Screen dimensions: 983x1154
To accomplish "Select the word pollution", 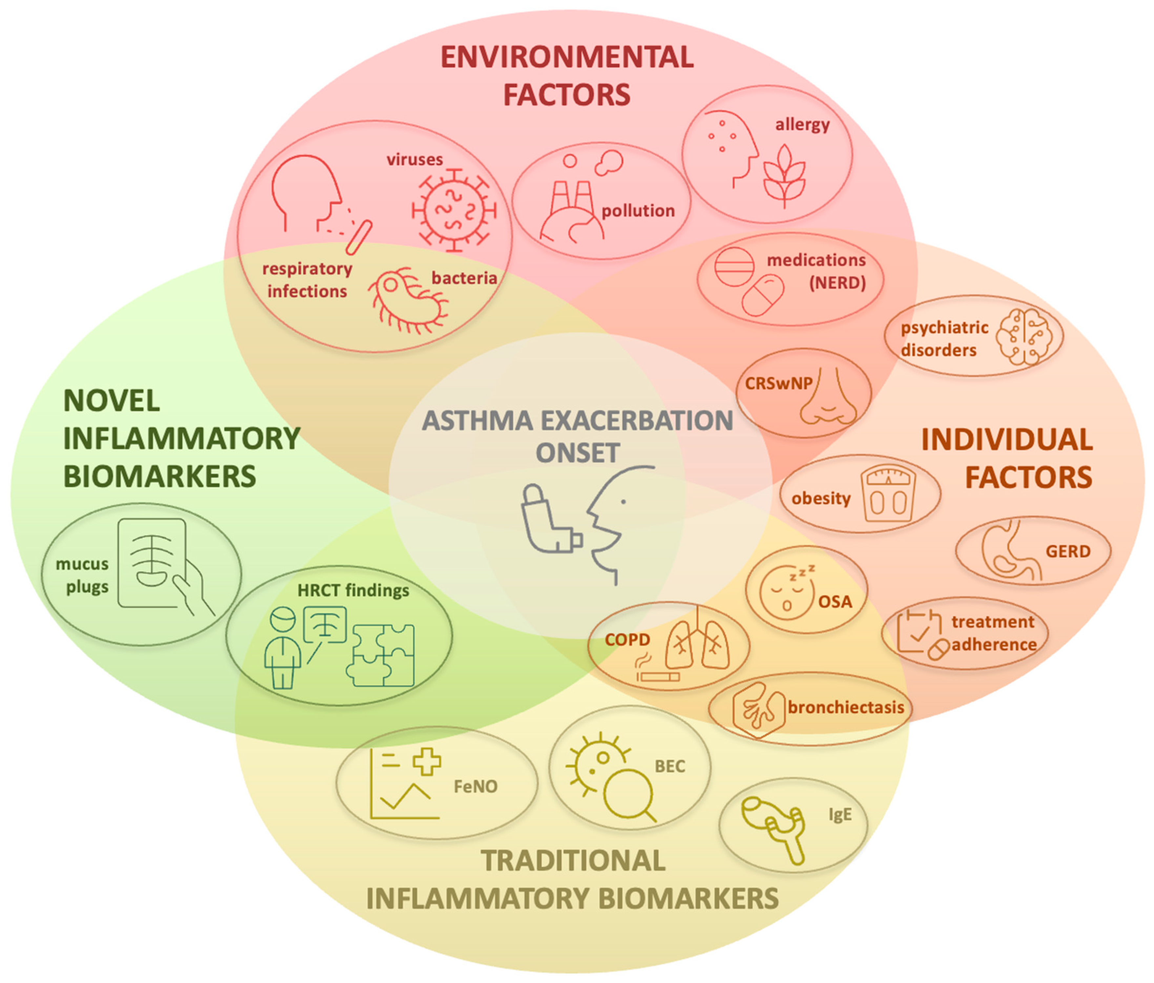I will (x=638, y=211).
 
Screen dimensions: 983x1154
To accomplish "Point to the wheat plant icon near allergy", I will (x=784, y=176).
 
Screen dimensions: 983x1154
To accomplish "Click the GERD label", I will (x=1068, y=551).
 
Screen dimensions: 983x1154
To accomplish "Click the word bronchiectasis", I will (x=845, y=707).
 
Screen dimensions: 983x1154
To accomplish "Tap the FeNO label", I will (x=475, y=786).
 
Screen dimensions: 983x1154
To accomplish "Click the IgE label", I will (x=840, y=814).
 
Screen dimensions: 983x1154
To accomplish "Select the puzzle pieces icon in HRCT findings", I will (x=381, y=655).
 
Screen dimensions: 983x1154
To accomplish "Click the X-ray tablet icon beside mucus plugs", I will (x=153, y=562).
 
